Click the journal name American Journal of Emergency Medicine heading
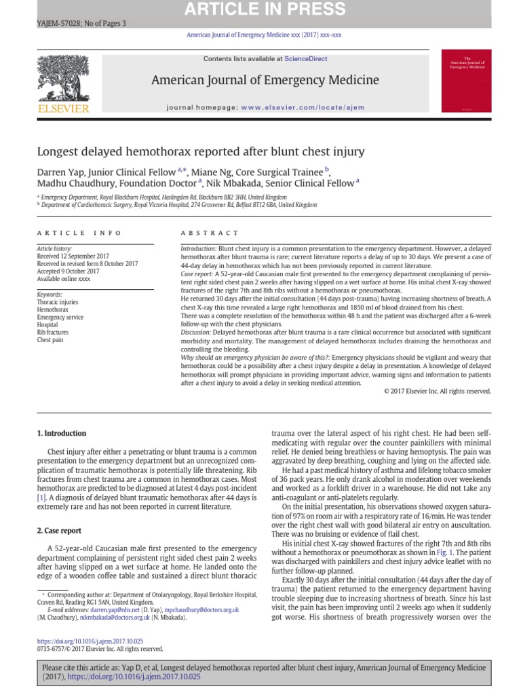click(x=265, y=80)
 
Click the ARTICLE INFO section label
click(x=79, y=233)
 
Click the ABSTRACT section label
click(x=205, y=233)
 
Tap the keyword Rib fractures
click(x=53, y=333)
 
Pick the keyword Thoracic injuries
click(x=58, y=302)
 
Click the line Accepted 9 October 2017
click(x=68, y=271)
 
